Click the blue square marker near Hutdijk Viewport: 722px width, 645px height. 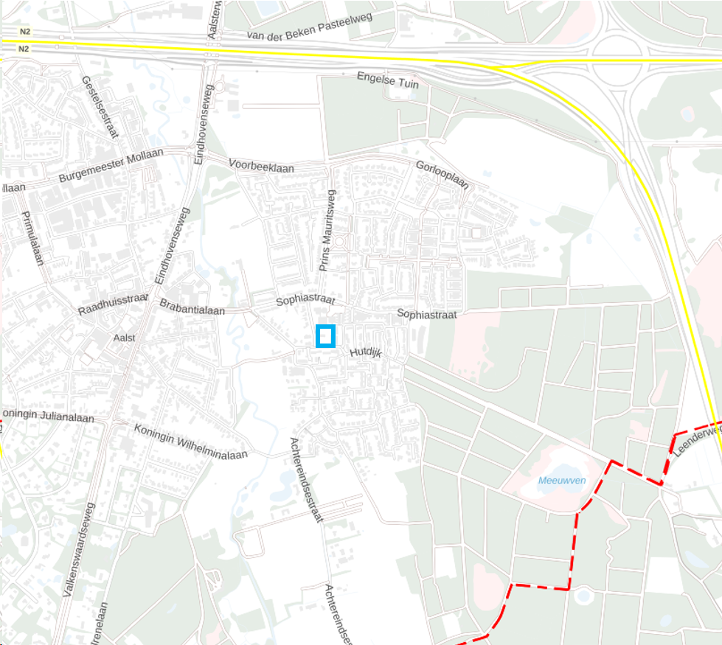[x=325, y=336]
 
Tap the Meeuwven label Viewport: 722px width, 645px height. [x=562, y=481]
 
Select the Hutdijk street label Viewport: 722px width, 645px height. [x=365, y=353]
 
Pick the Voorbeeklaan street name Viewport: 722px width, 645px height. [x=261, y=166]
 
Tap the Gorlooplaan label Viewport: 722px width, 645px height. [x=442, y=175]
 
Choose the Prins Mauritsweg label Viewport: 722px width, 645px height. [x=327, y=230]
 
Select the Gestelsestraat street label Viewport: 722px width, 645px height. [x=101, y=107]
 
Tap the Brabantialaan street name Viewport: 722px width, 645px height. [x=192, y=308]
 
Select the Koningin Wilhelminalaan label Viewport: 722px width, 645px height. [x=190, y=441]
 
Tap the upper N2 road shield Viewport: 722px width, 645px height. [x=24, y=32]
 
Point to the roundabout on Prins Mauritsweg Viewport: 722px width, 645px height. [x=340, y=240]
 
